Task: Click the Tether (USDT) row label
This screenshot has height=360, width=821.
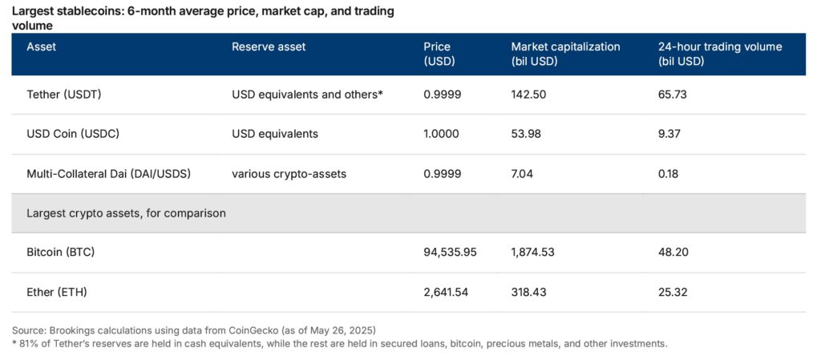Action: (64, 95)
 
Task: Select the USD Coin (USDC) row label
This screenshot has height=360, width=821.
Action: (73, 134)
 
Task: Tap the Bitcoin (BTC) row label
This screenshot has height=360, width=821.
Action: (62, 253)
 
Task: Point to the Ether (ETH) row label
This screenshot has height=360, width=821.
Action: (57, 293)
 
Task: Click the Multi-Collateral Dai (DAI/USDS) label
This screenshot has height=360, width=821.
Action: (108, 173)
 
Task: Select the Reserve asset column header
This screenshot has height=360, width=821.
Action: (269, 47)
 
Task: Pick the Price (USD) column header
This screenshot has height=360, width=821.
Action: (438, 54)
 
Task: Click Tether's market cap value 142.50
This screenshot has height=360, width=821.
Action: (528, 95)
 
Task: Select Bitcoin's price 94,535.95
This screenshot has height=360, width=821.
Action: (450, 253)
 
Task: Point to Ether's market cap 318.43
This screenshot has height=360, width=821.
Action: (528, 293)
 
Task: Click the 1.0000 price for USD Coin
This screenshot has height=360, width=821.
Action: (441, 134)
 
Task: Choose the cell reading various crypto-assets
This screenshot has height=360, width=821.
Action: (289, 173)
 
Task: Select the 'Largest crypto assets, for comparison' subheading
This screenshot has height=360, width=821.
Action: (126, 213)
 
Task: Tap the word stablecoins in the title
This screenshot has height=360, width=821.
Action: (88, 12)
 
